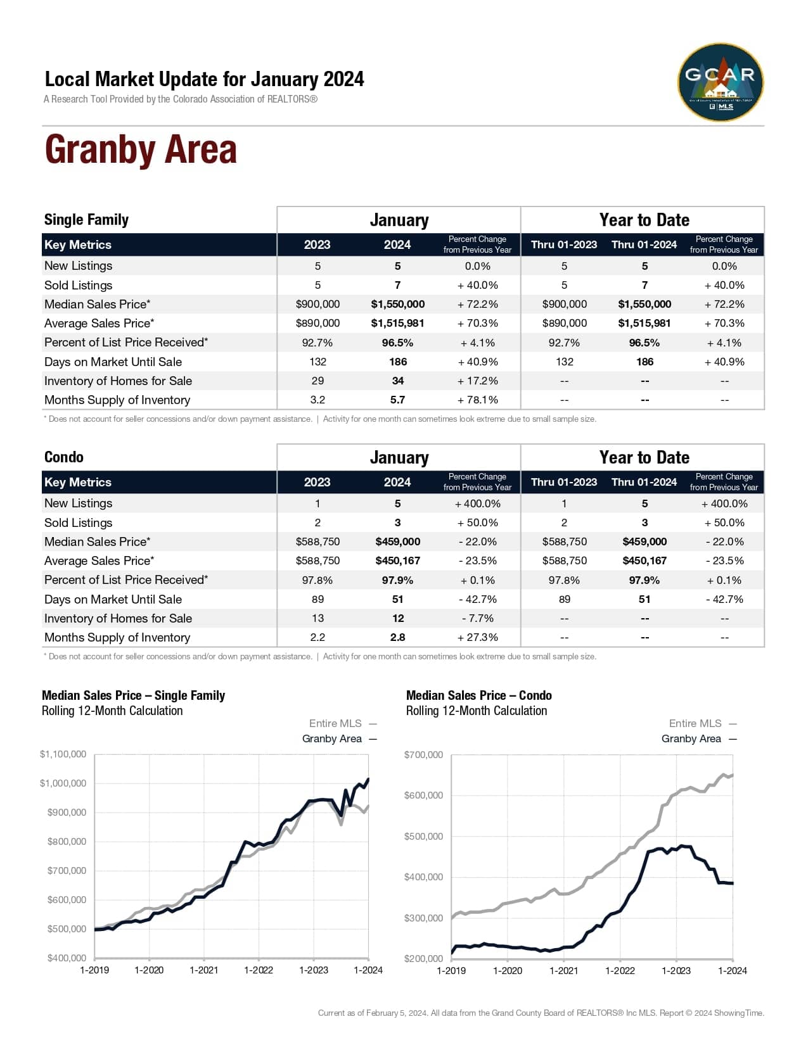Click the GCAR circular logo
721,82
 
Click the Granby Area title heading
141,150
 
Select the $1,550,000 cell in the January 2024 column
397,304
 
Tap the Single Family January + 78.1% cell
477,400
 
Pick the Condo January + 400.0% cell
477,503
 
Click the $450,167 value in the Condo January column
397,560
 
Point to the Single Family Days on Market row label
113,362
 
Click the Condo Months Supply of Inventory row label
117,637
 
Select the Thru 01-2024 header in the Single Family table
644,244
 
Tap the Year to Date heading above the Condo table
644,457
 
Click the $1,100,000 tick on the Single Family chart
63,754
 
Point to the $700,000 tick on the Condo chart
423,754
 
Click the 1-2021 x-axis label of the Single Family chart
204,970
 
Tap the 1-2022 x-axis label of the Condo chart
620,970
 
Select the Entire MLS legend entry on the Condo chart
695,723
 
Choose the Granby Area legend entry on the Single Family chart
332,738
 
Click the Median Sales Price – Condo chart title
478,695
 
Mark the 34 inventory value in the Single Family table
397,381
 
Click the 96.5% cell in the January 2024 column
397,343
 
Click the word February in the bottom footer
382,1013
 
